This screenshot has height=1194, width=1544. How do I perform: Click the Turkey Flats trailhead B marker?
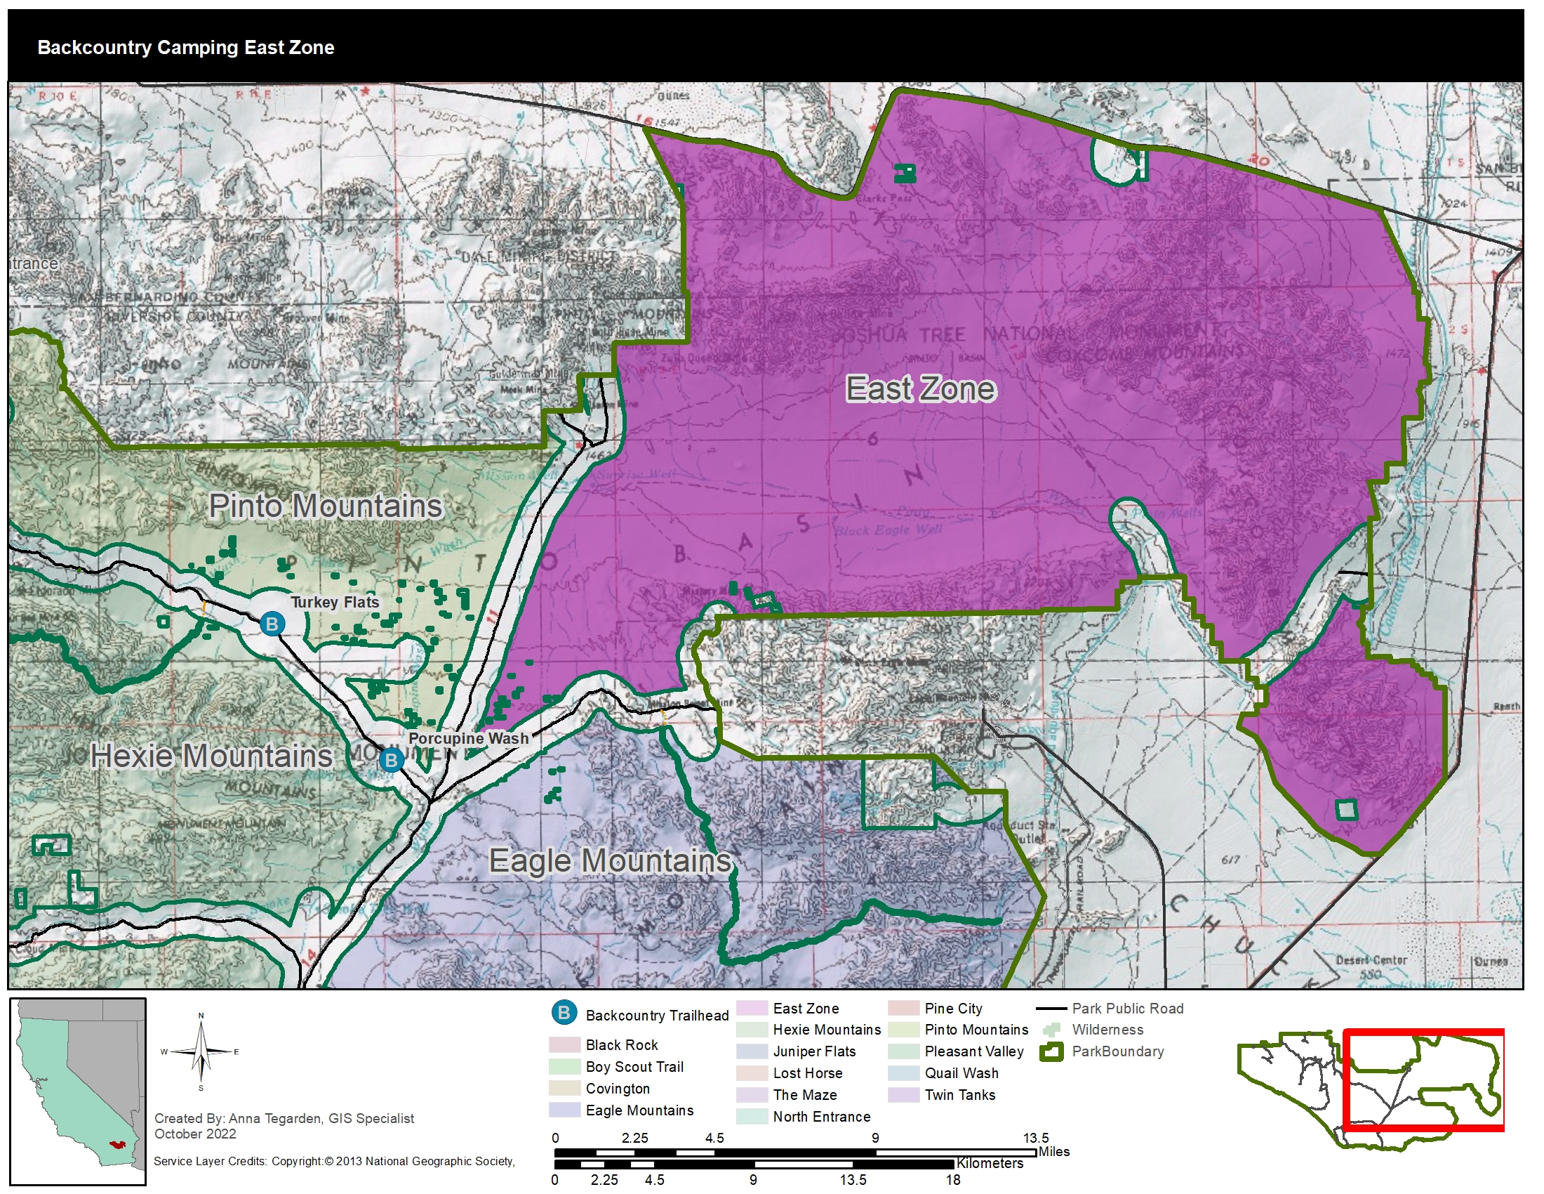tap(272, 624)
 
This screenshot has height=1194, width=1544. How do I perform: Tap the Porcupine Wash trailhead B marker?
tap(391, 761)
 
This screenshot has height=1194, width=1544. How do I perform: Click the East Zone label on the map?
tap(921, 389)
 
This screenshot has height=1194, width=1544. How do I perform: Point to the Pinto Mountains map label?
tap(325, 506)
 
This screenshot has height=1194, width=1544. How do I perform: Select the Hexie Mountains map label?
tap(211, 756)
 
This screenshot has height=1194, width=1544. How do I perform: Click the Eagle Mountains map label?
tap(609, 861)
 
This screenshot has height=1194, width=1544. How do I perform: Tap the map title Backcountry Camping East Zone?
tap(185, 47)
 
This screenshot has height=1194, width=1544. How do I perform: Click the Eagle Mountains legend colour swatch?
tap(564, 1110)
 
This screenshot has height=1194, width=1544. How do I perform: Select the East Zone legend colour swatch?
tap(752, 1008)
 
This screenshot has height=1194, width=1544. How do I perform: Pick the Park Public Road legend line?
tap(1051, 1009)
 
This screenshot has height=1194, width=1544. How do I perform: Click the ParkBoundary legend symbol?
tap(1051, 1052)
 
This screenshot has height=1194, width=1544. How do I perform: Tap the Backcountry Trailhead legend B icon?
tap(564, 1012)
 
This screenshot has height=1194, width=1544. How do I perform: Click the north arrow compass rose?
tap(201, 1052)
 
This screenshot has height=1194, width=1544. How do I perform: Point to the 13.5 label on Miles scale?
tap(1036, 1137)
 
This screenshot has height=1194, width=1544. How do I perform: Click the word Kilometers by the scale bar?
tap(989, 1163)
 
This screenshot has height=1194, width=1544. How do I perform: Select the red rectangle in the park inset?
tap(1423, 1080)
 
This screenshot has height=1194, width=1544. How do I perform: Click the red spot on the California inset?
tap(117, 1143)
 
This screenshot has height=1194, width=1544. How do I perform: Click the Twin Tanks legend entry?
tap(959, 1095)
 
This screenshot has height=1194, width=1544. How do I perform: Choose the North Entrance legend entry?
tap(821, 1117)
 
